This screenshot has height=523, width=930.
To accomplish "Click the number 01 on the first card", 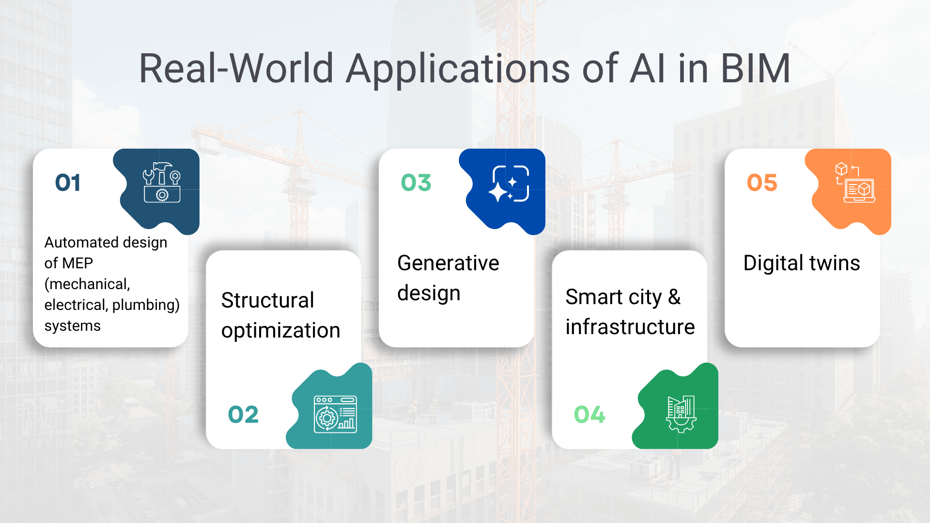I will point(68,183).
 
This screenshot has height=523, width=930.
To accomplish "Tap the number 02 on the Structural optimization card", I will point(243,415).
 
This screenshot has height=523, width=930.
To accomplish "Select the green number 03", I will point(416,183).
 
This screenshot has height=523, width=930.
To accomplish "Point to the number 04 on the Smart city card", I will point(589,415).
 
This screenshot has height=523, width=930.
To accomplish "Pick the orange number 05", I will point(762,183).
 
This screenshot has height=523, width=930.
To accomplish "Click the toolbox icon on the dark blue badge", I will point(162,183).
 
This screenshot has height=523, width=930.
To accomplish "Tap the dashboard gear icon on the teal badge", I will point(335,414).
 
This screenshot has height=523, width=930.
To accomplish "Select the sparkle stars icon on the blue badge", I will point(509,184).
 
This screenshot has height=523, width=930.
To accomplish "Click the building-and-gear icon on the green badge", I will point(681,414).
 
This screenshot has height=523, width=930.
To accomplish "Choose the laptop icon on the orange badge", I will point(856,184).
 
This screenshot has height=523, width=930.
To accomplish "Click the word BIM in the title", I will point(756,69).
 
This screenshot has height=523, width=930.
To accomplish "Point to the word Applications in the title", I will point(458,69).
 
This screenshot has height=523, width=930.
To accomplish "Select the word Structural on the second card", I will point(267,300).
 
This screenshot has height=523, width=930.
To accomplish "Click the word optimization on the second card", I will point(280,331).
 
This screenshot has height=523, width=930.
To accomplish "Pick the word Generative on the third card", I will point(448,263).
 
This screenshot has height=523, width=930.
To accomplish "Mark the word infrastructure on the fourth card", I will point(630,327).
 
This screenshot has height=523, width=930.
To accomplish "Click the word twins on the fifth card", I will point(835,263).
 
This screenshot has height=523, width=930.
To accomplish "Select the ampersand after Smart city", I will point(674,297).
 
